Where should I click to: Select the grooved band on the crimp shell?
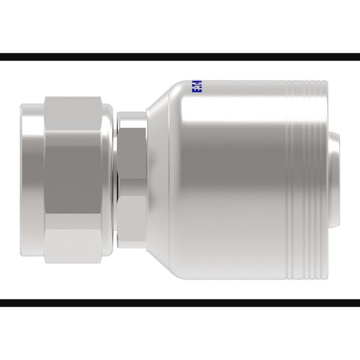tap(304, 180)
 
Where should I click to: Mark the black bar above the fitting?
tap(180, 57)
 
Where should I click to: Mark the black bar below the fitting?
tap(180, 303)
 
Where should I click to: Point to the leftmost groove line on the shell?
tap(286, 180)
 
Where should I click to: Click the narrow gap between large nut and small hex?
tap(114, 180)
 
